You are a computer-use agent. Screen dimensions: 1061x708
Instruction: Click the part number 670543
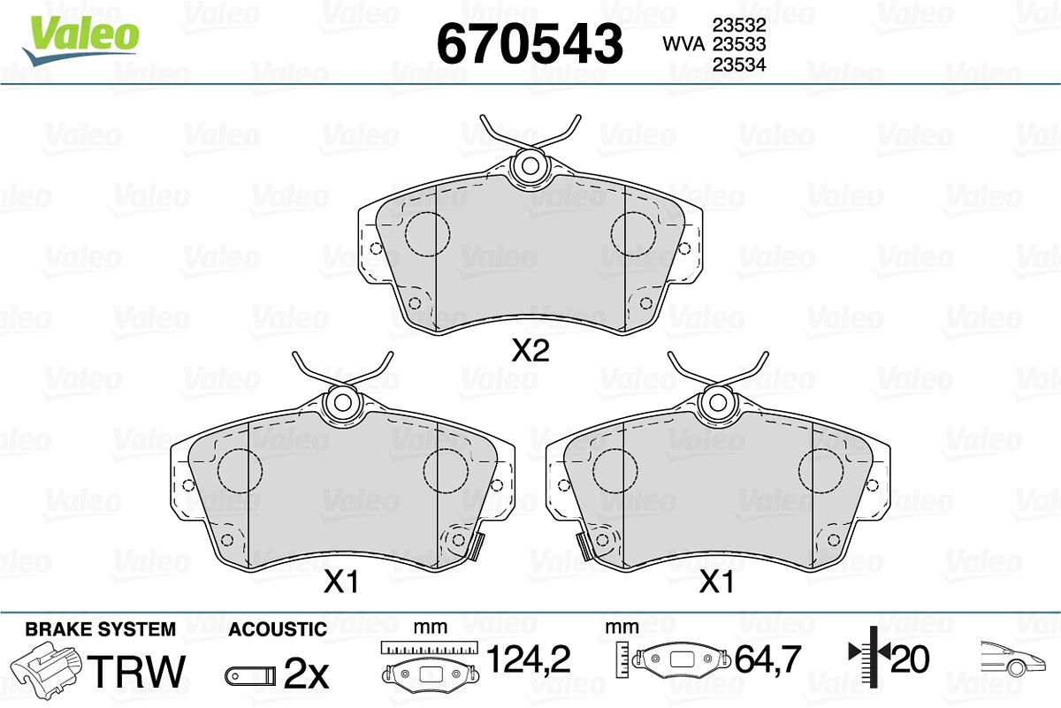(x=530, y=43)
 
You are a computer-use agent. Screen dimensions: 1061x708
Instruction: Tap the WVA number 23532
(x=739, y=25)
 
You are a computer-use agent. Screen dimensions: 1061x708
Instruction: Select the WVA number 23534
(x=739, y=65)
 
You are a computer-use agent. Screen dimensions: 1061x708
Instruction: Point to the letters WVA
(x=683, y=44)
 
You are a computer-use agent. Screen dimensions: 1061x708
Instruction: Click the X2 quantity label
(x=530, y=351)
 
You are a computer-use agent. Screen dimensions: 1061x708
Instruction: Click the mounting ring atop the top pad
(x=530, y=166)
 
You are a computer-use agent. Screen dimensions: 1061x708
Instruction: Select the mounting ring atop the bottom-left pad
(x=342, y=402)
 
